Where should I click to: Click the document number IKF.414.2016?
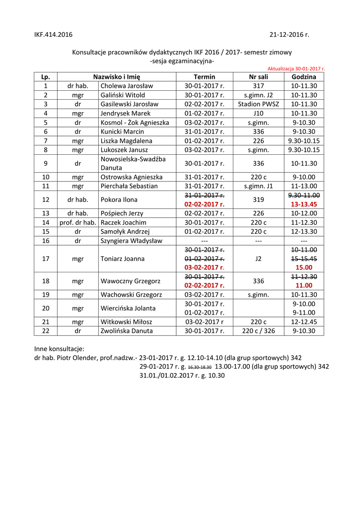(x=53, y=35)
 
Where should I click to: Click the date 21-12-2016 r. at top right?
(x=289, y=35)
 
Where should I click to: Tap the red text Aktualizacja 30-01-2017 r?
(x=296, y=69)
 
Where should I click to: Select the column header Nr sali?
(x=258, y=77)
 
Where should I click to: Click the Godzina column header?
(x=304, y=77)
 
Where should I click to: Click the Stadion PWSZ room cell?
(x=258, y=104)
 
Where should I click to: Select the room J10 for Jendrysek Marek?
(x=258, y=113)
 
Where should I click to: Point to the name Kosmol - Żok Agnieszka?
(x=135, y=123)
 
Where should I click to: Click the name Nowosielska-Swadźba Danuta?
(x=133, y=163)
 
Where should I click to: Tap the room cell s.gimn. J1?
(x=258, y=186)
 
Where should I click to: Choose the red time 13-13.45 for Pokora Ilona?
(x=304, y=204)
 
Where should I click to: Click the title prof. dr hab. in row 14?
(x=78, y=222)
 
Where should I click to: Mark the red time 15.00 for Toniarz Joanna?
(x=304, y=267)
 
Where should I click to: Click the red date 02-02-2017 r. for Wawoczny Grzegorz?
(x=205, y=286)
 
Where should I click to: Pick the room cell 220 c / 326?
(x=258, y=331)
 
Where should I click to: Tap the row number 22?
(x=46, y=331)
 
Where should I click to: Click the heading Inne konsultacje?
(x=59, y=348)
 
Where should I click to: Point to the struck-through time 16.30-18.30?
(x=200, y=367)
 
